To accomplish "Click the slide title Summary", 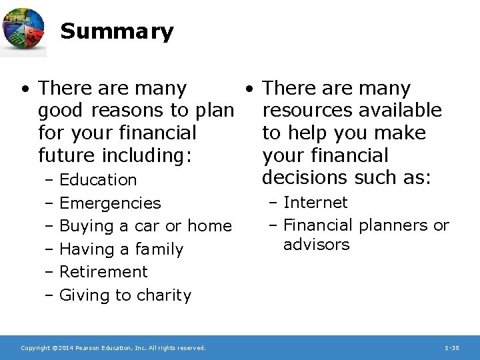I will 117,31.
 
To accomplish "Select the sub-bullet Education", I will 98,180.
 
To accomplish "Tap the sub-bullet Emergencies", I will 110,203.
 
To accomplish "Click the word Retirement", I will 103,272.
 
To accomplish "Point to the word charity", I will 164,295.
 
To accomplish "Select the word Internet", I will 315,203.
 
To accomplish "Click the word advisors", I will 316,245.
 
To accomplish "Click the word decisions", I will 300,178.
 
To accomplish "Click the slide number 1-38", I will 451,348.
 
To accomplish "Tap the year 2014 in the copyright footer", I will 60,348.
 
